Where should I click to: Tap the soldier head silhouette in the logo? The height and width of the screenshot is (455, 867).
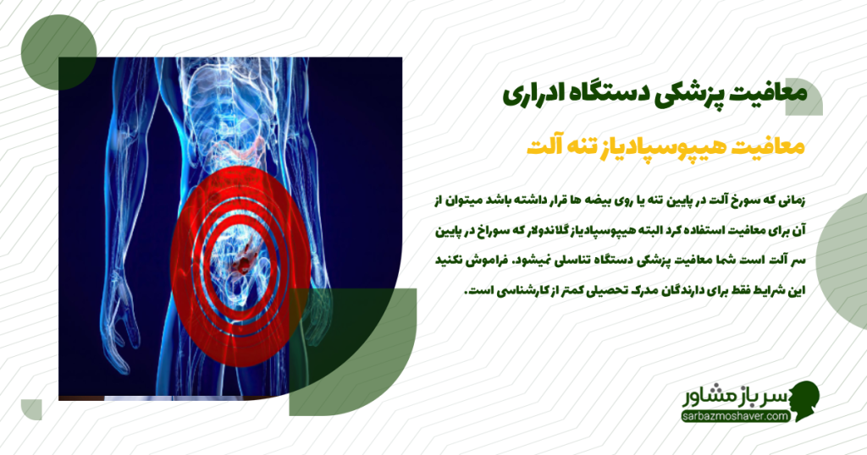tap(803, 401)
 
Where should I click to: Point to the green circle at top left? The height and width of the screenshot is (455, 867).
tap(58, 54)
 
